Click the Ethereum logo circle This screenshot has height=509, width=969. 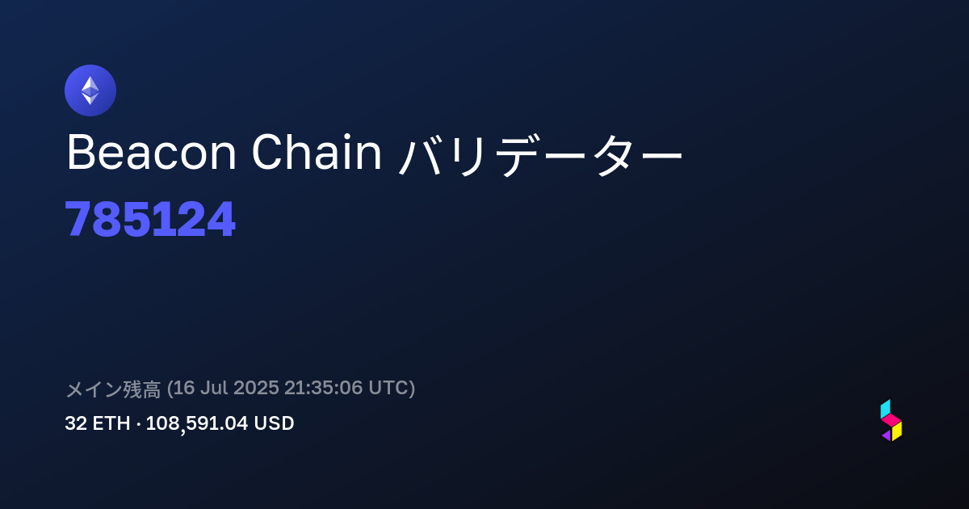[x=90, y=90]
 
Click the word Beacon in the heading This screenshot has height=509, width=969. [x=152, y=153]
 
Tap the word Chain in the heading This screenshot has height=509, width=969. [x=317, y=153]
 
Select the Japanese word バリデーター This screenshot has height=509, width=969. [x=540, y=154]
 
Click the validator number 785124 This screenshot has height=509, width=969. [x=150, y=219]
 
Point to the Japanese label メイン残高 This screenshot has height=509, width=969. [x=113, y=389]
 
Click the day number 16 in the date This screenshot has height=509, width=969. [x=183, y=387]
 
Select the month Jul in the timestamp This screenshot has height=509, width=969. [x=214, y=387]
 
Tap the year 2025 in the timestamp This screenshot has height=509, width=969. [x=256, y=387]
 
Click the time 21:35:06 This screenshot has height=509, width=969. [x=324, y=387]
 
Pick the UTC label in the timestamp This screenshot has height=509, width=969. [x=388, y=387]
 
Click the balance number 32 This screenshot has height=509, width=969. [x=76, y=423]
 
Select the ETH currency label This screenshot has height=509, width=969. [x=111, y=423]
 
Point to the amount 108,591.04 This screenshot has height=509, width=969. [x=197, y=423]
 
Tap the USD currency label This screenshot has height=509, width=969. [x=274, y=423]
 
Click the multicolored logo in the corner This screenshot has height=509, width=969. [x=891, y=420]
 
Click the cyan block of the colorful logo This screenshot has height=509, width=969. [x=885, y=409]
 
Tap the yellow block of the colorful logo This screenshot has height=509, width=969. [x=897, y=431]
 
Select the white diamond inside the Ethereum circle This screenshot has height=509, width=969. [x=90, y=90]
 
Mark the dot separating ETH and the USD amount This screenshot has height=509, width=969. [x=138, y=425]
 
